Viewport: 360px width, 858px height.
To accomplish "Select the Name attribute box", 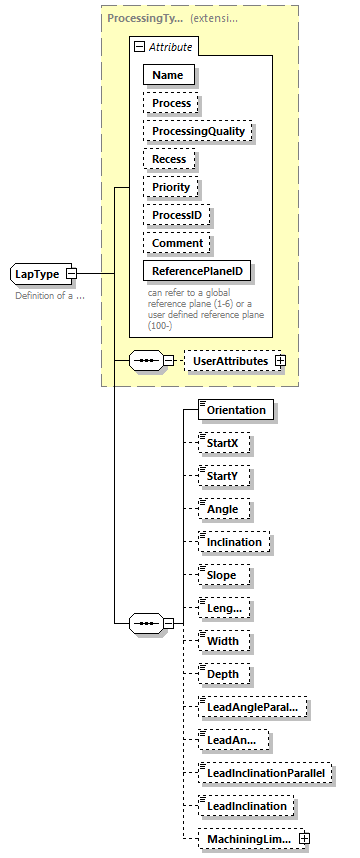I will (167, 75).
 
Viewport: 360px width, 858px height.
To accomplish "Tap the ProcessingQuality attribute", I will (197, 131).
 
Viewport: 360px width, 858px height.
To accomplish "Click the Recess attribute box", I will (168, 159).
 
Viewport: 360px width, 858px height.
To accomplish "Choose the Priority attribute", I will (170, 187).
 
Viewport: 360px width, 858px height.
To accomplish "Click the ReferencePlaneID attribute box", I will (197, 271).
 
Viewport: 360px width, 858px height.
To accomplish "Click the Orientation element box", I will (236, 410).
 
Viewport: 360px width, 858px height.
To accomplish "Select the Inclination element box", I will (235, 542).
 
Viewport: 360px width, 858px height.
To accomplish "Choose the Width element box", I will (222, 640).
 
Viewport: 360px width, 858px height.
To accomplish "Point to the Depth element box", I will (223, 674).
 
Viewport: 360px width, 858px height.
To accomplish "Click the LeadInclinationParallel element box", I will (265, 772).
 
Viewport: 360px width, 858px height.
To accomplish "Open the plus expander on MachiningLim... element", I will (305, 838).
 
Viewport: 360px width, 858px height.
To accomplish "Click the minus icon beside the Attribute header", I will (139, 46).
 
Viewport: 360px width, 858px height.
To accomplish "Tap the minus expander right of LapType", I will (71, 273).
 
